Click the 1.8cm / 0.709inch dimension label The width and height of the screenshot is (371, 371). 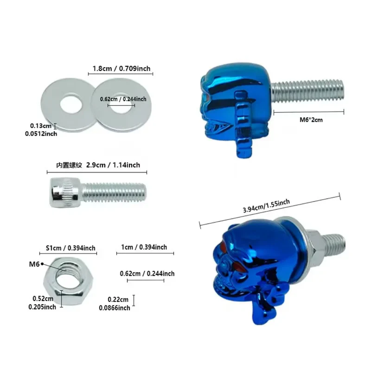(122, 69)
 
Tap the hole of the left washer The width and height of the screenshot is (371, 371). (71, 104)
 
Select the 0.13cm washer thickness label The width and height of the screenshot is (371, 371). (40, 126)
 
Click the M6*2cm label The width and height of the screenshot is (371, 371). (311, 120)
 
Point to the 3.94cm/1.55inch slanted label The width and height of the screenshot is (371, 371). (266, 206)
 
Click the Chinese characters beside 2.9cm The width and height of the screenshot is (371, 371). (69, 165)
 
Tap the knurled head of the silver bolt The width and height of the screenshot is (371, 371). (65, 192)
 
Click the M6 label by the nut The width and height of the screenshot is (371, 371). (34, 264)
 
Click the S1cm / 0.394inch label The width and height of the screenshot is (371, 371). (70, 248)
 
